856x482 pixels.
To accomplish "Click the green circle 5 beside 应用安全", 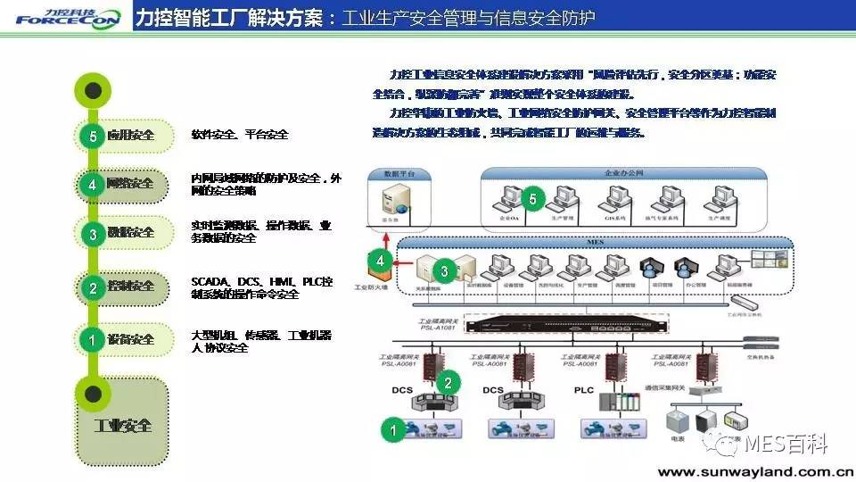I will (93, 135).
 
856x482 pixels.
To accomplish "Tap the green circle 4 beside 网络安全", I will (93, 184).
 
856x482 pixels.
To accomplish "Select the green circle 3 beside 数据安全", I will (93, 234).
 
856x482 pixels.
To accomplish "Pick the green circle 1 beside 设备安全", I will (93, 339).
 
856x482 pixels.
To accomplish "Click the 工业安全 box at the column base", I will (123, 425).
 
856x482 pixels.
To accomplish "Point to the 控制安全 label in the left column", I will (130, 287).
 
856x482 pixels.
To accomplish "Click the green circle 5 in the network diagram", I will (532, 198).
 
